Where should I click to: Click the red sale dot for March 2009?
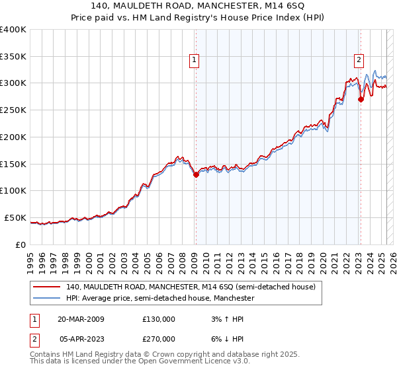pyautogui.click(x=196, y=174)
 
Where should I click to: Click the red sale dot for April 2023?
pyautogui.click(x=361, y=100)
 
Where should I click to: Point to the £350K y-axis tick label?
pyautogui.click(x=13, y=57)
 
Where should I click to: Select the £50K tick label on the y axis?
pyautogui.click(x=15, y=217)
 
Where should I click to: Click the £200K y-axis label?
pyautogui.click(x=13, y=137)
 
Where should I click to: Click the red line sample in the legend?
pyautogui.click(x=47, y=287)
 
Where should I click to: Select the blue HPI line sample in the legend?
pyautogui.click(x=47, y=299)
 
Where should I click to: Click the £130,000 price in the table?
pyautogui.click(x=159, y=319)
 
